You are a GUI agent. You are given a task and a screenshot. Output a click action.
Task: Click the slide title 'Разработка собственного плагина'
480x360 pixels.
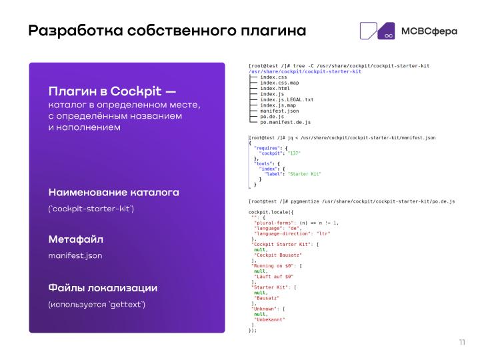tap(167, 31)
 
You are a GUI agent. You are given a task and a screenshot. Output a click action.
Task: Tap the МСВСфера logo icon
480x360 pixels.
tap(377, 31)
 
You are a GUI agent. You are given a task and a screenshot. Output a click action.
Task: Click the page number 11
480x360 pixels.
tap(461, 343)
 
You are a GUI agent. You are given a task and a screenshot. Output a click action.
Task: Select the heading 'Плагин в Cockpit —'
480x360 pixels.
tap(113, 91)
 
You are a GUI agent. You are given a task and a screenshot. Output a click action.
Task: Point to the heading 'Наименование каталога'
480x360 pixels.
tap(114, 192)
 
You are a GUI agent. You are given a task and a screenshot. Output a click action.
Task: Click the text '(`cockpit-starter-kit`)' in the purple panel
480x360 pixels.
tap(91, 209)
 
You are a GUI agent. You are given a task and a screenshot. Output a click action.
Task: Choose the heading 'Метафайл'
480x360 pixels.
tap(76, 239)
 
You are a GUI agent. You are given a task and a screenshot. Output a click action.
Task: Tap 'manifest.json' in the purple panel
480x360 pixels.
tap(75, 255)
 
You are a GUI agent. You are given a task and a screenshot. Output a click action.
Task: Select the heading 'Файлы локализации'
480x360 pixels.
tap(103, 288)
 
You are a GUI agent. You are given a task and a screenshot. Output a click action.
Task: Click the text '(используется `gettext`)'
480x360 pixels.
tap(97, 305)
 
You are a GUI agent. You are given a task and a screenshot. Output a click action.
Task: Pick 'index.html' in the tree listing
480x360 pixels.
tap(275, 88)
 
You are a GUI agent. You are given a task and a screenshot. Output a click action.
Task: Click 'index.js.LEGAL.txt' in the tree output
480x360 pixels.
tap(287, 99)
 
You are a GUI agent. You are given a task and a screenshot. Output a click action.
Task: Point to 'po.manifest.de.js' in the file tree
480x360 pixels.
tap(285, 123)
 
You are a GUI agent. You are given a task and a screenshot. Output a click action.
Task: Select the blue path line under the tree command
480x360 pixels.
tap(305, 71)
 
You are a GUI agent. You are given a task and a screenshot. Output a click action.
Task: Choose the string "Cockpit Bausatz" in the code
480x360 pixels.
tap(278, 255)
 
